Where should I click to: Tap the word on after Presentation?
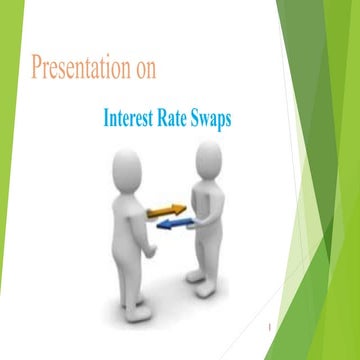tap(143, 70)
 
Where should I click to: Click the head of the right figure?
tap(208, 155)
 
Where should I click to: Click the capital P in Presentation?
tap(38, 70)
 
